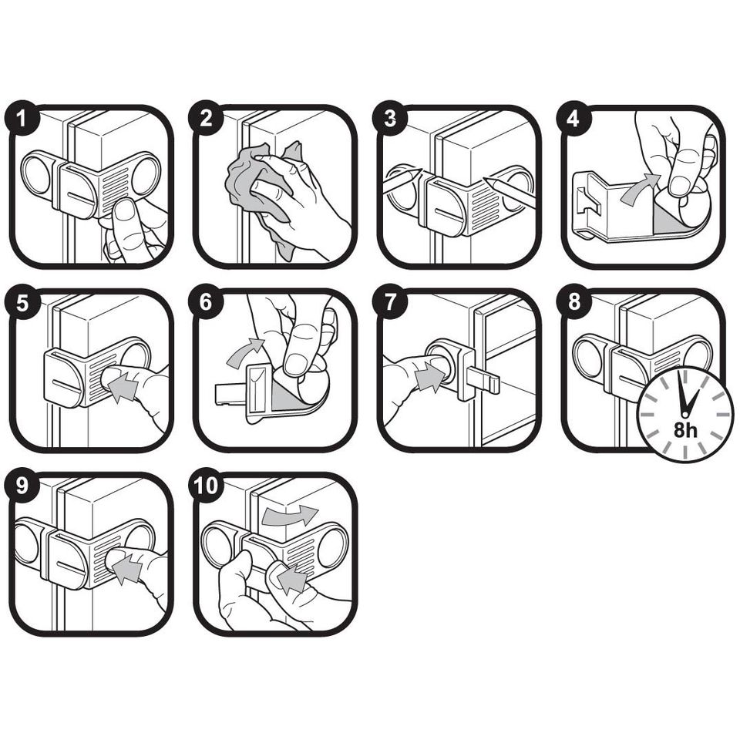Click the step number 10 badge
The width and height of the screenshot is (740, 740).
coord(206,487)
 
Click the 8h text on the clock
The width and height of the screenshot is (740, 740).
coord(684,430)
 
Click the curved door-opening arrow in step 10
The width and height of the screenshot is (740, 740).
coord(288,515)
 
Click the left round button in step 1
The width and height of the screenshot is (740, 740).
coord(35,177)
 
